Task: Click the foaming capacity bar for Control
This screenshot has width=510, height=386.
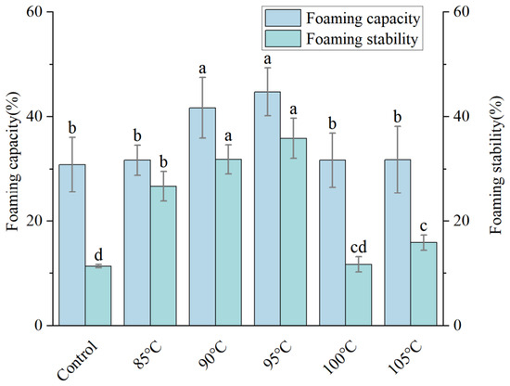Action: tap(72, 245)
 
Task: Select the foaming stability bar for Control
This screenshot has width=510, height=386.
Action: tap(98, 295)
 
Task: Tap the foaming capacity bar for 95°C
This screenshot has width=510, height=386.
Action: tap(267, 209)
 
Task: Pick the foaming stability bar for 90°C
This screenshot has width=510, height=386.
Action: tap(228, 242)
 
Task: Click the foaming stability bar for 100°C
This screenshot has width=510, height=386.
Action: tap(359, 294)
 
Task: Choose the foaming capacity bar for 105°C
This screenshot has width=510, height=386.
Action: tap(398, 242)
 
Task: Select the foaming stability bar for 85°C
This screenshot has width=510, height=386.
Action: tap(163, 256)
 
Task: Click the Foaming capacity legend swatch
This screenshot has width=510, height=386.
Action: tap(283, 18)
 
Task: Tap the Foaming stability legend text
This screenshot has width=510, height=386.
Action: tap(362, 39)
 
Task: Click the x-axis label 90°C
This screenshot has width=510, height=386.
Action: tap(212, 356)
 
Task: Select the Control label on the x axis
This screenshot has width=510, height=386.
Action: tap(77, 361)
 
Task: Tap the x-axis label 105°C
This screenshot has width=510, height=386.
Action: tap(404, 359)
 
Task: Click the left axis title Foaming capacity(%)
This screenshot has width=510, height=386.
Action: tap(13, 161)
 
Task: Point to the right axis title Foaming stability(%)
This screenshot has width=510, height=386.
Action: tap(497, 165)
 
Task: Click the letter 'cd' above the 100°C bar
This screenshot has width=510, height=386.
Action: tap(359, 248)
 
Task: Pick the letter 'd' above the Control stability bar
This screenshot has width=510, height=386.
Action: tap(98, 254)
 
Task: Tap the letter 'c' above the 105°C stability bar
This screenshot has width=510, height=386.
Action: tap(424, 225)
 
